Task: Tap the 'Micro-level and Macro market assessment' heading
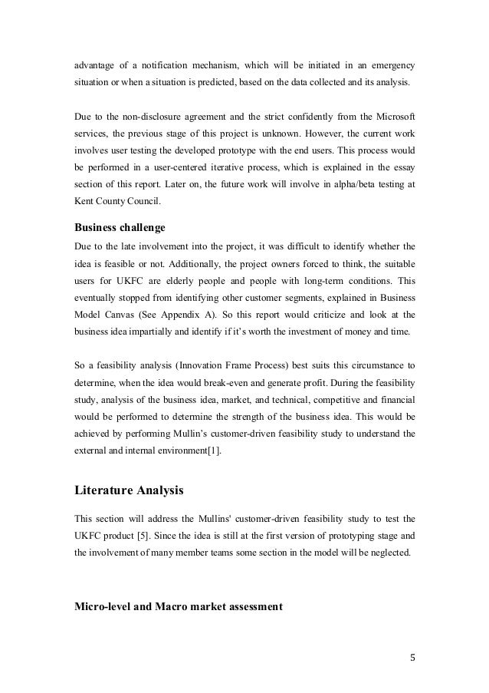[x=178, y=606]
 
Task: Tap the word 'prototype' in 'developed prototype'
[x=222, y=149]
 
